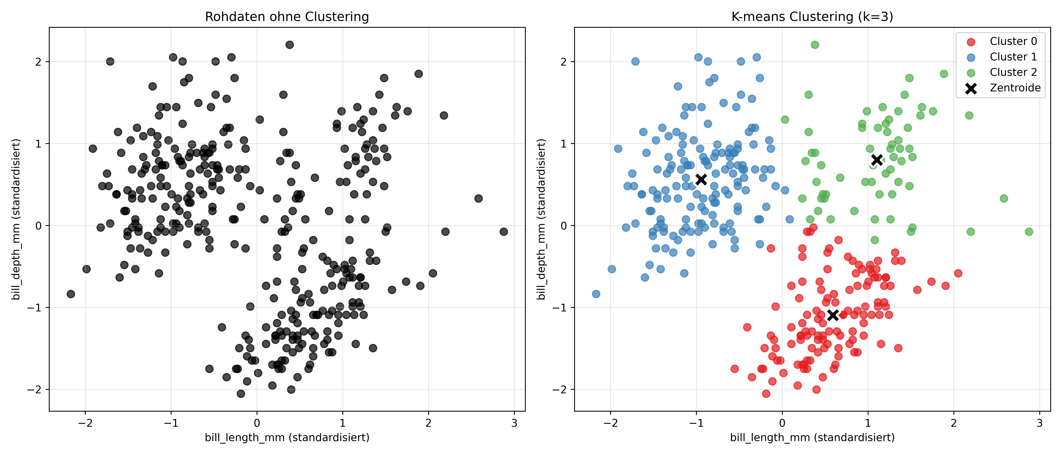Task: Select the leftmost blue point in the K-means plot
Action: pos(596,294)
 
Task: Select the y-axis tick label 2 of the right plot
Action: pos(564,62)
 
